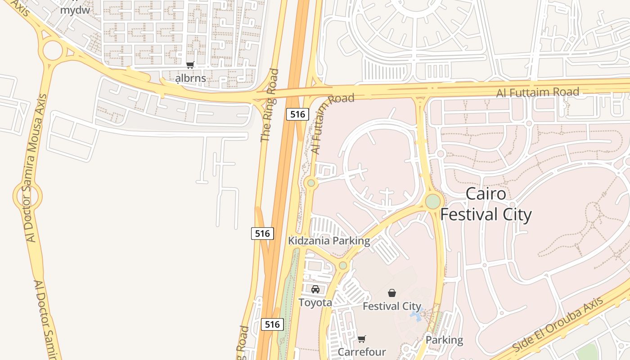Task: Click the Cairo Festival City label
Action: click(x=486, y=204)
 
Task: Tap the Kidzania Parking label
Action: click(x=329, y=241)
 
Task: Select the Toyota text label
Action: click(x=315, y=302)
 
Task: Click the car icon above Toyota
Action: click(x=315, y=289)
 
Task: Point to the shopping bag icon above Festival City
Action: click(x=392, y=293)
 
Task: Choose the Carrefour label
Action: click(x=362, y=351)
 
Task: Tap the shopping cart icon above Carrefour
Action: click(x=362, y=339)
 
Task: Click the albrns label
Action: click(x=190, y=78)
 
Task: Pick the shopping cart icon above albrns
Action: click(x=190, y=65)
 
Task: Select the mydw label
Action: click(x=75, y=9)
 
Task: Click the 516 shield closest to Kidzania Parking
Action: click(x=262, y=233)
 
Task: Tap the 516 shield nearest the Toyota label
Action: click(x=272, y=324)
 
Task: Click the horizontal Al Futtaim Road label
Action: click(x=538, y=93)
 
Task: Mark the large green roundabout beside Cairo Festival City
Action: click(x=433, y=201)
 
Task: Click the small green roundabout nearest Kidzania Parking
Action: click(x=343, y=265)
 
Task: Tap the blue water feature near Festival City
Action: click(x=415, y=315)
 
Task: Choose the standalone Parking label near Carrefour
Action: click(x=444, y=340)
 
